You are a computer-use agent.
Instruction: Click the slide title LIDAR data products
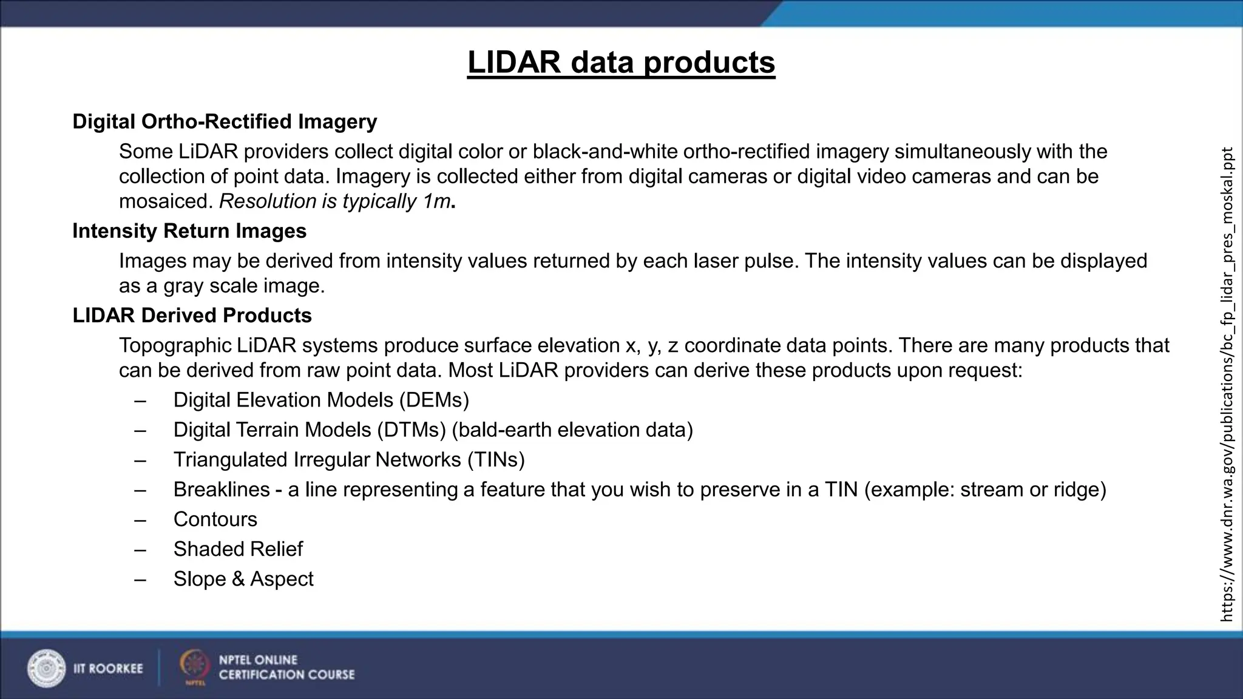[x=621, y=62]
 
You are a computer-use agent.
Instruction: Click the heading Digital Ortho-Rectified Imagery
[x=225, y=121]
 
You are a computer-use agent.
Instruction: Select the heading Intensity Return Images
[x=189, y=231]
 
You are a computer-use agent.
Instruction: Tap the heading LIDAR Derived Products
[x=192, y=316]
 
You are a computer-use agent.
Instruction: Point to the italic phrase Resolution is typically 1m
[x=334, y=201]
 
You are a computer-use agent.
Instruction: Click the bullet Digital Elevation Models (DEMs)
[x=321, y=400]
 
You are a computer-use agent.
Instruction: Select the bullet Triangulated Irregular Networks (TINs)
[x=349, y=460]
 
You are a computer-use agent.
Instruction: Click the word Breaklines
[x=222, y=490]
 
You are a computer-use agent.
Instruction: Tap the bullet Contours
[x=215, y=519]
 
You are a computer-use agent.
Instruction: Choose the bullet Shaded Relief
[x=238, y=549]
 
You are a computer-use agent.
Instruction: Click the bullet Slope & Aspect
[x=243, y=579]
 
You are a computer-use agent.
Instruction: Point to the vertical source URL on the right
[x=1227, y=383]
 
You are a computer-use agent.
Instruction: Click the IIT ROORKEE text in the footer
[x=108, y=669]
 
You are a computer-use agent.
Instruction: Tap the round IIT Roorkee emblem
[x=46, y=668]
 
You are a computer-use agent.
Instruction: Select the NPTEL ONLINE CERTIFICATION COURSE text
[x=286, y=667]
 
